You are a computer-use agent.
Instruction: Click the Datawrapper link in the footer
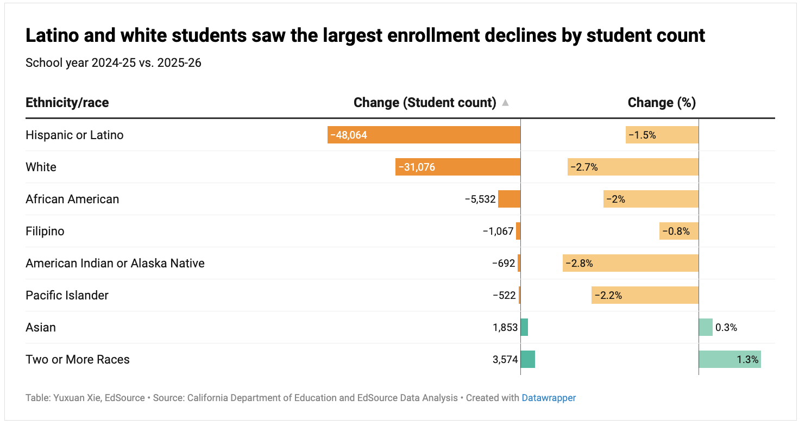point(549,398)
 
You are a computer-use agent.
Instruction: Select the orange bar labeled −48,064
point(424,135)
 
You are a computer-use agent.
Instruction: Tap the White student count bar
point(457,167)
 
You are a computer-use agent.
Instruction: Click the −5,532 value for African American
point(480,199)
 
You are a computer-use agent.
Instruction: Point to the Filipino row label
point(45,231)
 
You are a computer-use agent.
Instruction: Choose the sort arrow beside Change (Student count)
point(505,103)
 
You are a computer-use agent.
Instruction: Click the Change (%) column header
point(662,103)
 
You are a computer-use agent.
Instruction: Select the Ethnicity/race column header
point(67,103)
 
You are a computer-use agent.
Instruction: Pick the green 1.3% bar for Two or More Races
point(729,359)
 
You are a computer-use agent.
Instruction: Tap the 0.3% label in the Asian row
point(726,327)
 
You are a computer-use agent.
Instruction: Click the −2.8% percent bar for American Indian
point(631,263)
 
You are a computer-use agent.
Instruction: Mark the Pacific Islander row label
point(67,295)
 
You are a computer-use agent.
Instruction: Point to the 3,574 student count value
point(505,359)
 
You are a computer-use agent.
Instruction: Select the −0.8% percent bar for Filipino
point(679,231)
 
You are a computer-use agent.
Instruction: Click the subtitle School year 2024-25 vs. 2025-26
point(114,62)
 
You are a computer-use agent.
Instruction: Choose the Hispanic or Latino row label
point(74,135)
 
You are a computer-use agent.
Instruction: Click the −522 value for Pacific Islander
point(504,295)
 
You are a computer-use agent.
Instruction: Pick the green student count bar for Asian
point(524,327)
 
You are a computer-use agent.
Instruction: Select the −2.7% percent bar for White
point(633,167)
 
